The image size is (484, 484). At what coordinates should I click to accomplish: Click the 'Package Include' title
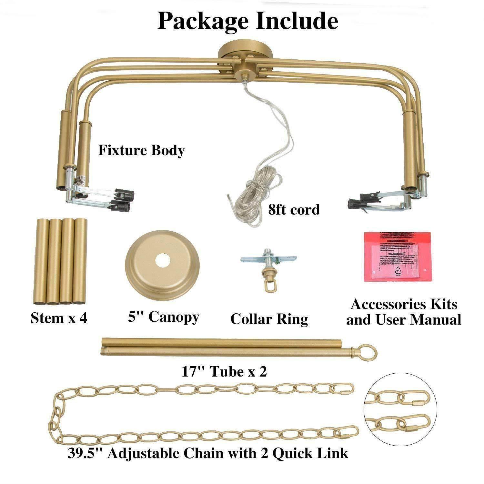pyautogui.click(x=247, y=21)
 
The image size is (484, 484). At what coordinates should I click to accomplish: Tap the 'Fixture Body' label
pyautogui.click(x=141, y=150)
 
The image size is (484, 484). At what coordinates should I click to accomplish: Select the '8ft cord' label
pyautogui.click(x=294, y=210)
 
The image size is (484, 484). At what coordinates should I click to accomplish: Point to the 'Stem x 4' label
pyautogui.click(x=59, y=318)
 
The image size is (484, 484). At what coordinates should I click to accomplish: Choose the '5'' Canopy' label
pyautogui.click(x=164, y=317)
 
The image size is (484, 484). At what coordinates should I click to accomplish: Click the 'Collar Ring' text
pyautogui.click(x=269, y=319)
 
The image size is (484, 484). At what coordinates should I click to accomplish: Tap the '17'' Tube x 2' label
pyautogui.click(x=225, y=372)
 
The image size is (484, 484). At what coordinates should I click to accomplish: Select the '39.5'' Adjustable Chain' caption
pyautogui.click(x=208, y=453)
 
